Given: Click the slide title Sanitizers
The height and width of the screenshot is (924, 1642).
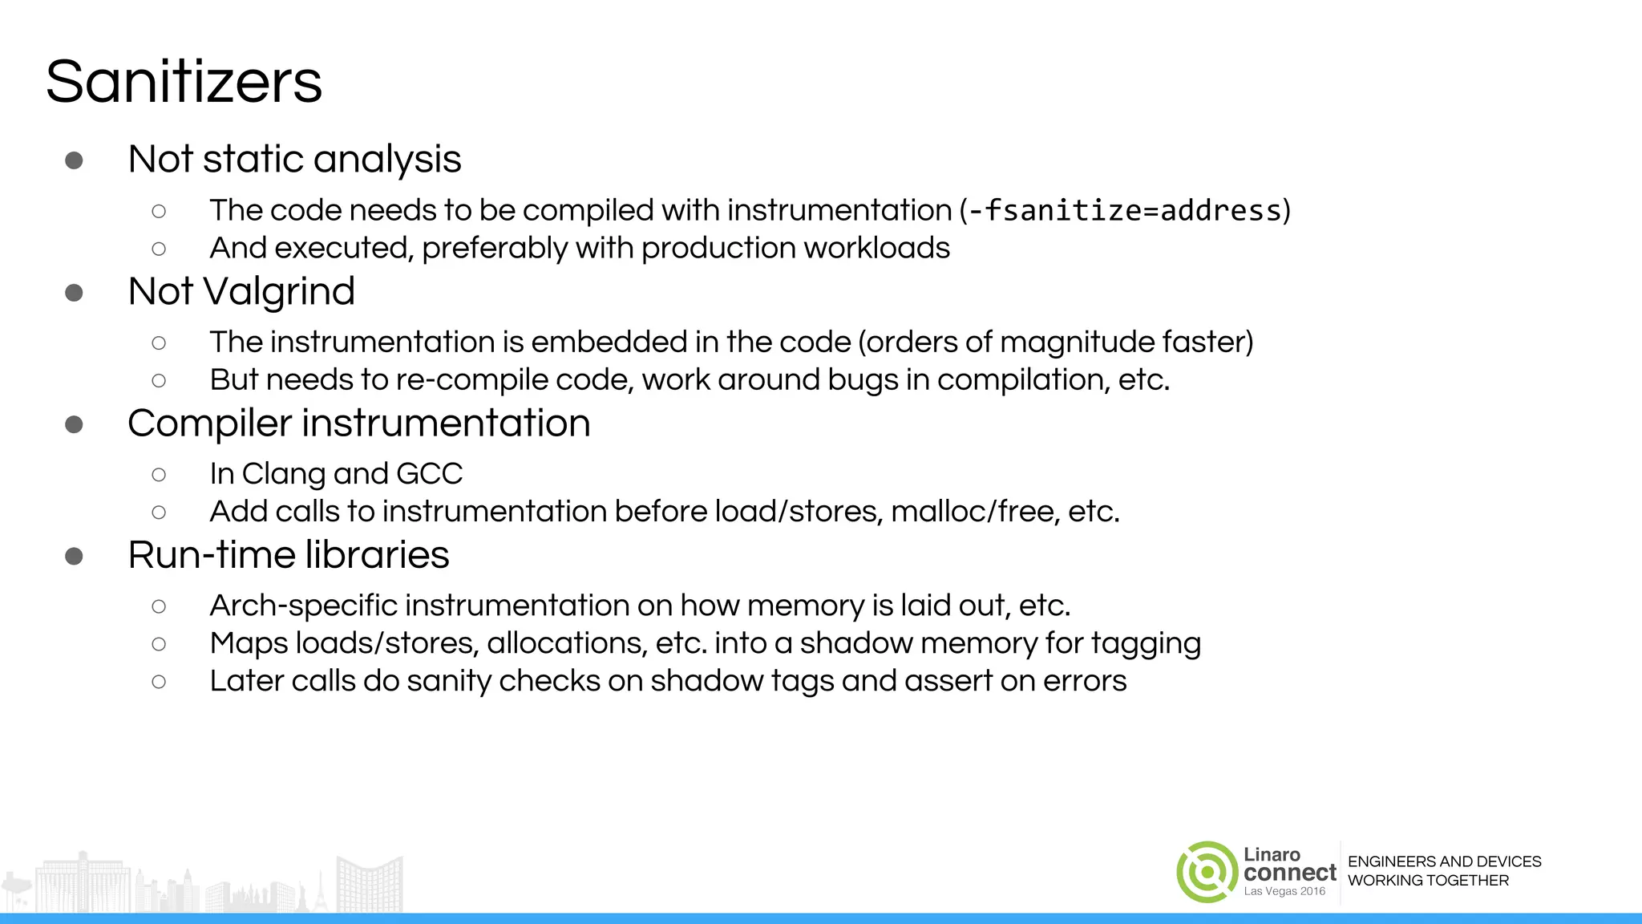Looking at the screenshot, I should [184, 82].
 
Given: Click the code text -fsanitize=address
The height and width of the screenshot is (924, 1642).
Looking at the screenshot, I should [1125, 210].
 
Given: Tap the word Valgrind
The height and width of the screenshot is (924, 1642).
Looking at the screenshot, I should [280, 291].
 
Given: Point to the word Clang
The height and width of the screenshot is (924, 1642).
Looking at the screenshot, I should [284, 474].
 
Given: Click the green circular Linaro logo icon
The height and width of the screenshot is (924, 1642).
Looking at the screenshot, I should [1207, 872].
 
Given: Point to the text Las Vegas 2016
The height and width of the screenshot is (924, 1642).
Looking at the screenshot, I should [1284, 892].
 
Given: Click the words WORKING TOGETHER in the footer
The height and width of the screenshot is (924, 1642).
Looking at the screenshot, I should [1428, 881].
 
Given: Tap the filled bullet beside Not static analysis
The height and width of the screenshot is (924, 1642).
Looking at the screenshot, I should [74, 160].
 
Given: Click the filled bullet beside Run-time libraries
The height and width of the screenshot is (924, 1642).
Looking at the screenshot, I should [74, 556].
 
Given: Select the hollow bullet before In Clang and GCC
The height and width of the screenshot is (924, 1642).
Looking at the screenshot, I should [159, 475].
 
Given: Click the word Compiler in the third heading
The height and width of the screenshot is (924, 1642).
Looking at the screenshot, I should [209, 423].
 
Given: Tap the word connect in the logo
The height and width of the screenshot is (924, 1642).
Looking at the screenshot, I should [1290, 873].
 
